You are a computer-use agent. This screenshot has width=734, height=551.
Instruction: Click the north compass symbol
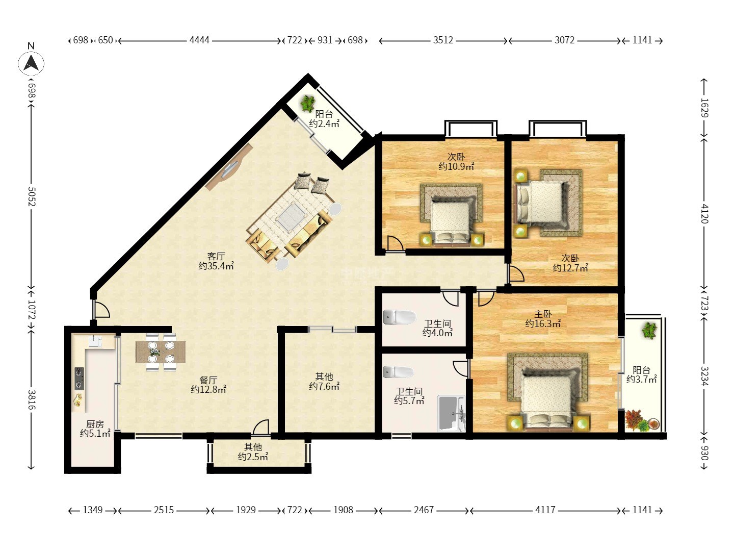coord(31,63)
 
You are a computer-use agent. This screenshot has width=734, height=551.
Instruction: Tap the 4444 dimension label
coord(199,40)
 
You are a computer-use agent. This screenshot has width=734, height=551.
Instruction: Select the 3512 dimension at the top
coord(443,40)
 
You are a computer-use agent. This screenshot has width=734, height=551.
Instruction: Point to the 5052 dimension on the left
coord(32,196)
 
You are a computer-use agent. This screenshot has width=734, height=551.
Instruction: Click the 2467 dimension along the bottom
coord(424,510)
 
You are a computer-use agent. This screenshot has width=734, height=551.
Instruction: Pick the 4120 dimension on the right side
coord(704,214)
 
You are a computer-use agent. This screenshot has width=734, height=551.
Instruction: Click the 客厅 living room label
coord(216,256)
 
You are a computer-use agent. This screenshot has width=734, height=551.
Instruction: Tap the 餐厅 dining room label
coord(208,380)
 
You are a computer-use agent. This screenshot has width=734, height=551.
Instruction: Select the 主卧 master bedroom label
coord(543,314)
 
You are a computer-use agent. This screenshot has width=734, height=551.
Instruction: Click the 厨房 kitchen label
coord(95,424)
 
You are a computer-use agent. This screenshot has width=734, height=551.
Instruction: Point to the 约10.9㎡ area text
coord(456,166)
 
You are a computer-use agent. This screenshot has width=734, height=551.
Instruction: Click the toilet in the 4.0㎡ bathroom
coord(400,317)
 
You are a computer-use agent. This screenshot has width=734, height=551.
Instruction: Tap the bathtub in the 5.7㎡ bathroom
coord(451,413)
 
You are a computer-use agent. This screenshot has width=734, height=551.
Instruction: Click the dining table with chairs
coord(161,352)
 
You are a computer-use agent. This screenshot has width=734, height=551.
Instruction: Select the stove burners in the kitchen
coord(79,379)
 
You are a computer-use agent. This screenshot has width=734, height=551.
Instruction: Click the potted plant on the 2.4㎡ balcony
coord(307,104)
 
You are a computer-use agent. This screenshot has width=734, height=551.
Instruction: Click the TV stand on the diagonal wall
coord(229,167)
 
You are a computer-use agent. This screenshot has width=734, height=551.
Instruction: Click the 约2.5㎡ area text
coord(253,457)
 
